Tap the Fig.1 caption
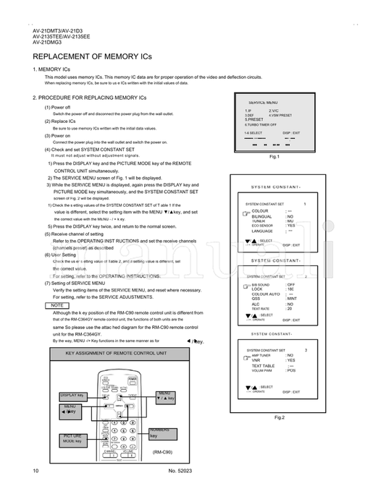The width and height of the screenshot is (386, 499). point(274,156)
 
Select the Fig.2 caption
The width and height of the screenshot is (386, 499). point(279,418)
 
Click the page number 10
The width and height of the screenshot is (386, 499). point(35,471)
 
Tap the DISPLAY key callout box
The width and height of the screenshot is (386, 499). point(73,396)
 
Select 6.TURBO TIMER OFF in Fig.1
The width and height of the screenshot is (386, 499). point(265,125)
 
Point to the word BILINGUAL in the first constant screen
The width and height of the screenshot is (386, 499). point(263,216)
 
